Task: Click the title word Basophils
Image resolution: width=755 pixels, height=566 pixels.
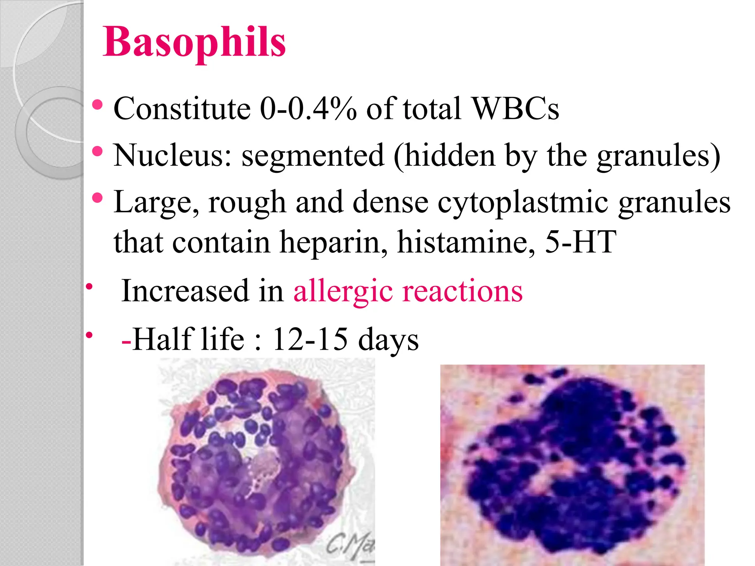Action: [194, 42]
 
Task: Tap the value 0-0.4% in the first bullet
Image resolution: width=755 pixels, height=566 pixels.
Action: [308, 109]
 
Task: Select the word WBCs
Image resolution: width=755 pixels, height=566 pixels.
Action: [515, 109]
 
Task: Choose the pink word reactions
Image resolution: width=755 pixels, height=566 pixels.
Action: [463, 291]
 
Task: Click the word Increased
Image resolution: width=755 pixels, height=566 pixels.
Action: [185, 291]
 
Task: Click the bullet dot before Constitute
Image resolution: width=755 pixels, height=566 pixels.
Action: [97, 105]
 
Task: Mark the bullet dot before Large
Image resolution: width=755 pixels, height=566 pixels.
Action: [97, 198]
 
